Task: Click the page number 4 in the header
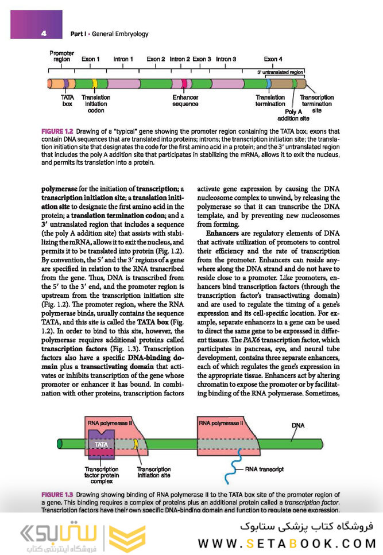[x=44, y=33]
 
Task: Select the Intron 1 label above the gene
[x=123, y=59]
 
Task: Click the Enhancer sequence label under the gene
[x=185, y=101]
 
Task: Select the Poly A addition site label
[x=293, y=115]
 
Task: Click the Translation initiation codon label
[x=96, y=104]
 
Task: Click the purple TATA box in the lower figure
[x=100, y=444]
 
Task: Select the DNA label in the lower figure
[x=298, y=425]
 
